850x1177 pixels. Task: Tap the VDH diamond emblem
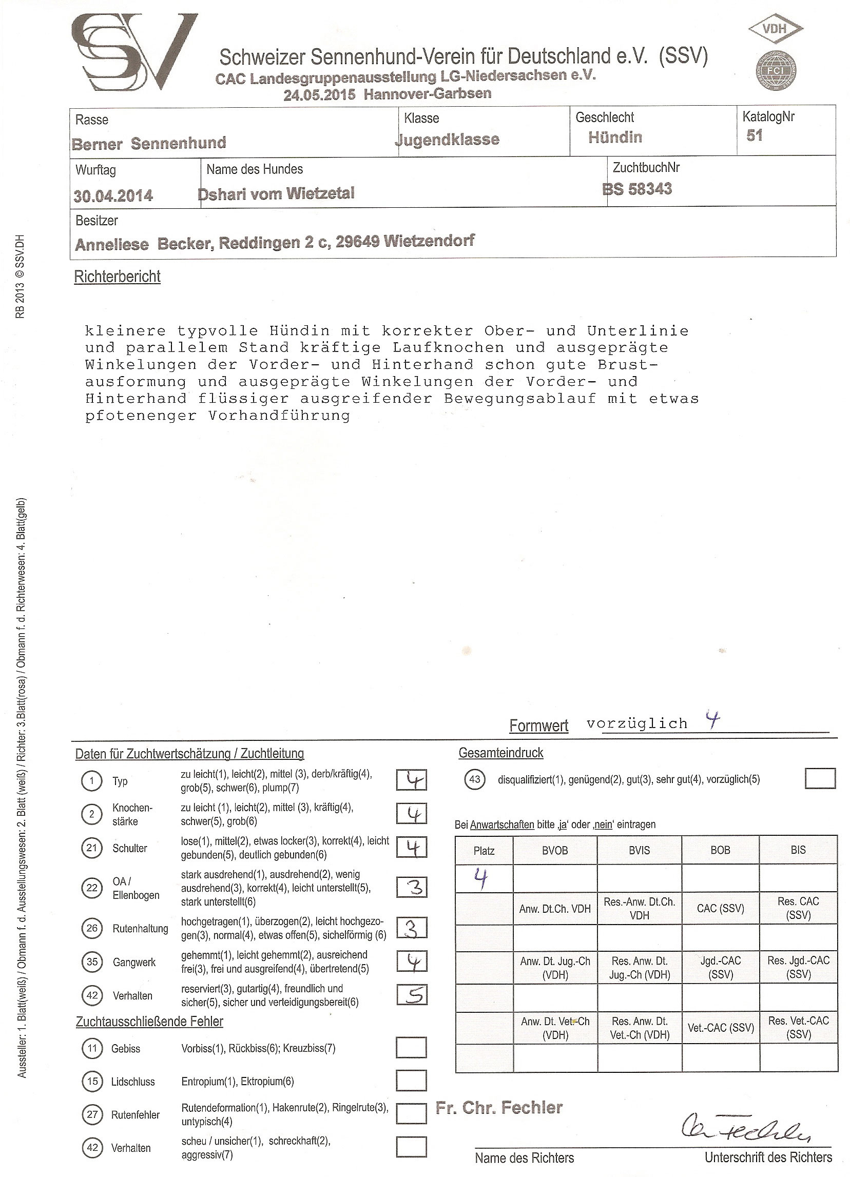[x=776, y=29]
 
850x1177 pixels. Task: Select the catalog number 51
[x=755, y=135]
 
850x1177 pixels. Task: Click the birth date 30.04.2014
[x=113, y=195]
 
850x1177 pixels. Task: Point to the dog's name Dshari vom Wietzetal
[x=276, y=193]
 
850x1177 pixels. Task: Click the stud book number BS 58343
[x=637, y=189]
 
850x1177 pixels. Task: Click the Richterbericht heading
[x=118, y=277]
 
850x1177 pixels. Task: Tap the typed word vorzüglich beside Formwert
[x=636, y=723]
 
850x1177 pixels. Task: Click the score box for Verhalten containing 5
[x=411, y=994]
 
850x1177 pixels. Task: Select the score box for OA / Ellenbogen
[x=411, y=887]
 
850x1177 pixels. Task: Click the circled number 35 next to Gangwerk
[x=92, y=962]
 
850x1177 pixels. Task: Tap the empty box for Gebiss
[x=411, y=1047]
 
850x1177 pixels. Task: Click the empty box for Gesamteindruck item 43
[x=820, y=779]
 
